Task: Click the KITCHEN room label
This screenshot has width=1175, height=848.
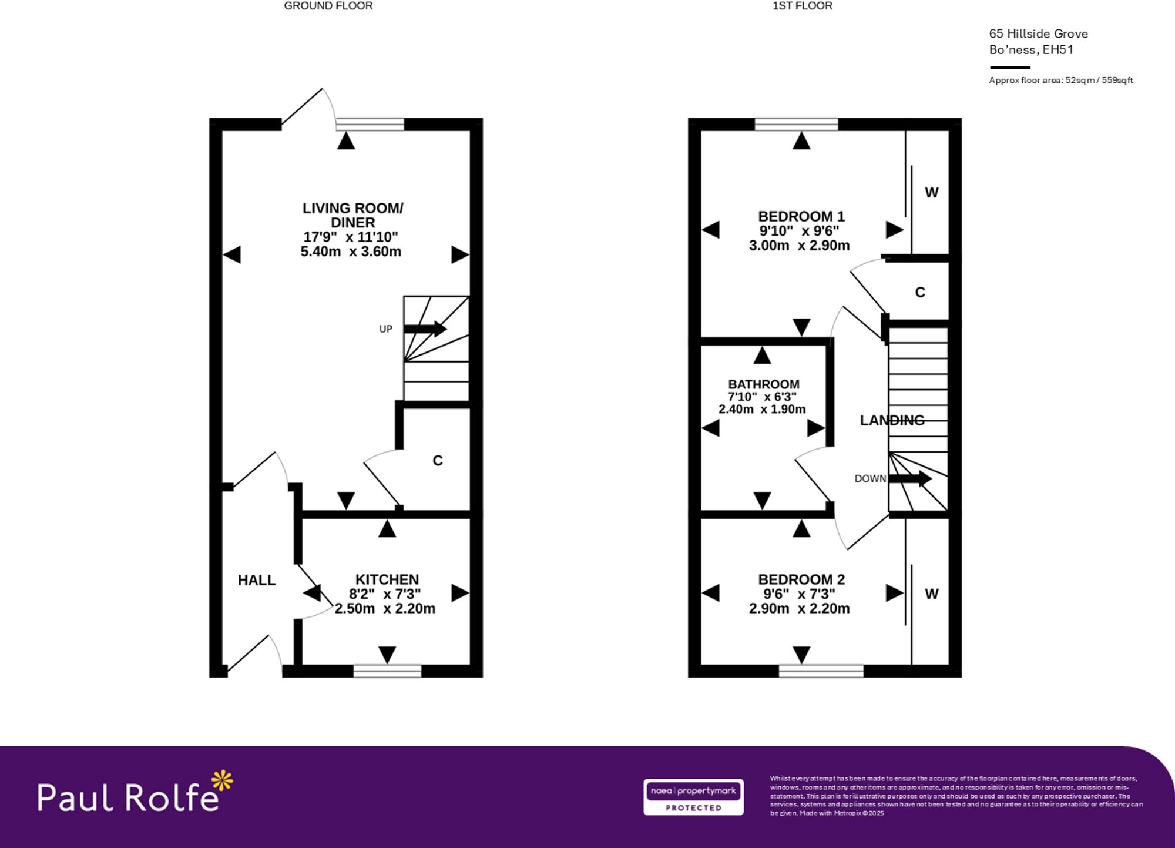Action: tap(387, 579)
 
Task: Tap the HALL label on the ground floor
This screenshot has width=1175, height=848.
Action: tap(257, 580)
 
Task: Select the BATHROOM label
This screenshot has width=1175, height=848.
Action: tap(763, 384)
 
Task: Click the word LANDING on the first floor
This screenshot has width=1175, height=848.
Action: tap(892, 420)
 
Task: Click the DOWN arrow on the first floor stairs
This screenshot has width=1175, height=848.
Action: tap(910, 478)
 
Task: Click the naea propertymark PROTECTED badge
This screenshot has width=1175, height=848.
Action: tap(693, 797)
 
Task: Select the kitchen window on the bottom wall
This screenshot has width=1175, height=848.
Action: tap(387, 671)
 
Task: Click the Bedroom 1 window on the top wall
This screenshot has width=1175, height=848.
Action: tap(796, 124)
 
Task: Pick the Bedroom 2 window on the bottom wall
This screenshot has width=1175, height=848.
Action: tap(821, 671)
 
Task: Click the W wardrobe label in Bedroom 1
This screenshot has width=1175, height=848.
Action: tap(931, 192)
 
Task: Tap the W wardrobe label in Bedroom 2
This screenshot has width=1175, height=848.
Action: tap(931, 594)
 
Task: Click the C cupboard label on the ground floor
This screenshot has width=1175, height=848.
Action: tap(438, 460)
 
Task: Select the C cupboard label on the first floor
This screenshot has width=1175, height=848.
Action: tap(920, 292)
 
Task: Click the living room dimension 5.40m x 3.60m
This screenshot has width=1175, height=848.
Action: tap(351, 252)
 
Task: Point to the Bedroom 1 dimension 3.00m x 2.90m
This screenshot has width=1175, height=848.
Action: tap(799, 246)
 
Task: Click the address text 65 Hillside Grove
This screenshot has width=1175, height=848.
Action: tap(1038, 34)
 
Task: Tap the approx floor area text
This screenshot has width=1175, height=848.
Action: tap(1060, 80)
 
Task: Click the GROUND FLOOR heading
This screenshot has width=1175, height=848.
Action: tap(328, 6)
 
